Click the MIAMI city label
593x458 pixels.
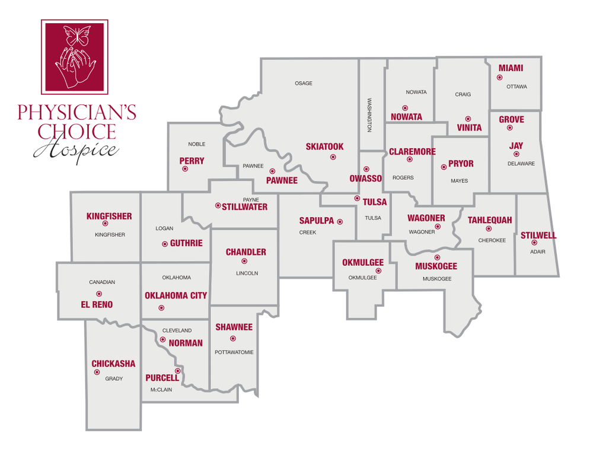pyautogui.click(x=511, y=68)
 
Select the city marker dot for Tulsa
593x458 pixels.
pyautogui.click(x=357, y=198)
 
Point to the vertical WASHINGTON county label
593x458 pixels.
pyautogui.click(x=369, y=115)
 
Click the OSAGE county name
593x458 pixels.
pyautogui.click(x=303, y=84)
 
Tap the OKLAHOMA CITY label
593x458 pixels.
pyautogui.click(x=176, y=295)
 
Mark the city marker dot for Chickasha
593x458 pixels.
pyautogui.click(x=97, y=372)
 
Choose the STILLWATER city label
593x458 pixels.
pyautogui.click(x=244, y=207)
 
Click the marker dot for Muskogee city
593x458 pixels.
pyautogui.click(x=437, y=257)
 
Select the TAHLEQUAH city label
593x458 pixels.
pyautogui.click(x=489, y=220)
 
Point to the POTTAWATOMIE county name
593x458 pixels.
pyautogui.click(x=234, y=352)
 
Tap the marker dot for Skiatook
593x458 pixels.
pyautogui.click(x=333, y=157)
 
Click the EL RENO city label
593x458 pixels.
pyautogui.click(x=97, y=305)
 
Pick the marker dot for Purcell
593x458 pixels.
pyautogui.click(x=177, y=371)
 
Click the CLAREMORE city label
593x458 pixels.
pyautogui.click(x=412, y=152)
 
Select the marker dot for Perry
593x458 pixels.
pyautogui.click(x=185, y=168)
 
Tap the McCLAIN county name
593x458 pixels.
pyautogui.click(x=162, y=390)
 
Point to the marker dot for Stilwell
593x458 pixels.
pyautogui.click(x=534, y=242)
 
